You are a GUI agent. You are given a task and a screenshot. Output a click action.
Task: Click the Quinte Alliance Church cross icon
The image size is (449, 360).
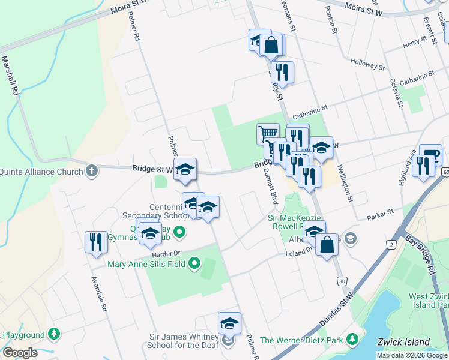pos(92,172)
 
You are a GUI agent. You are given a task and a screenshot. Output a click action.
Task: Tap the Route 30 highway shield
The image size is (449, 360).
pos(342,281)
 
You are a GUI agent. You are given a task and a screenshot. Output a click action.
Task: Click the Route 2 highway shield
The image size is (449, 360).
pos(391,245)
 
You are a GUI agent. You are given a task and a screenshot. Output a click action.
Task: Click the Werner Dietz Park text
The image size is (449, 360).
pos(310,340)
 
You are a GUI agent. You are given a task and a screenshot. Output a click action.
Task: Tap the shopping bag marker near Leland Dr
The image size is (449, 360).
pos(327,244)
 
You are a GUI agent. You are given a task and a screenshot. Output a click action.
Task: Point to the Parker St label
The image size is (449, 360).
pos(381,212)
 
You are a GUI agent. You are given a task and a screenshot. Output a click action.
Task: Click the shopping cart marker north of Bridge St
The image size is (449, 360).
pos(268,133)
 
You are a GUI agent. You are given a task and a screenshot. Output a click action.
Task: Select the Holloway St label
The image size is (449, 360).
pos(367,62)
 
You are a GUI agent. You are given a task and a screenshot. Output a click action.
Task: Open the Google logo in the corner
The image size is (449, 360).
pos(20,353)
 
